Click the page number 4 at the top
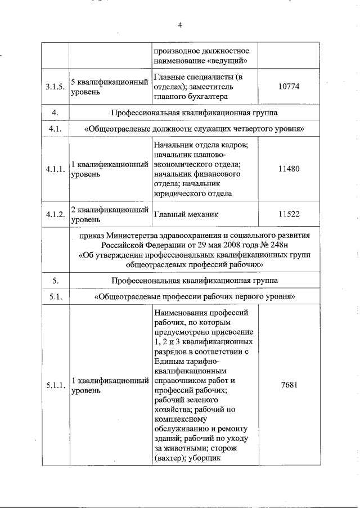(x=180, y=24)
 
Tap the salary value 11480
(x=290, y=169)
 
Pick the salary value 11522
(x=290, y=214)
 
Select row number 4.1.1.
(x=56, y=169)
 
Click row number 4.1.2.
(x=56, y=214)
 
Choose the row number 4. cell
(x=56, y=113)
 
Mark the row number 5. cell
(x=56, y=280)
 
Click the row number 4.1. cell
(x=56, y=129)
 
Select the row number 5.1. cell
(x=56, y=296)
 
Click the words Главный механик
(x=185, y=214)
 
